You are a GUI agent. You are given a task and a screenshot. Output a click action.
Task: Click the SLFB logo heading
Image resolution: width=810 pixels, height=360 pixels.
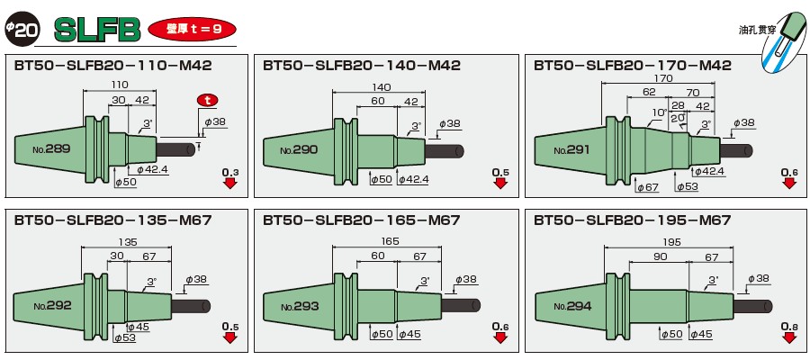point(98,30)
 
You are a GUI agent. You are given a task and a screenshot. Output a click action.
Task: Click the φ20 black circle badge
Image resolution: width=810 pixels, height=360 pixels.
point(21,29)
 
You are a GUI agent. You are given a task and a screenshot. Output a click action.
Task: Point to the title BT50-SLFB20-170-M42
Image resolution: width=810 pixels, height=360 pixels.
point(632,66)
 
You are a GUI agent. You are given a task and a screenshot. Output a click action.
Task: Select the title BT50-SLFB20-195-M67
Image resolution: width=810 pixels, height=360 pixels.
point(632,220)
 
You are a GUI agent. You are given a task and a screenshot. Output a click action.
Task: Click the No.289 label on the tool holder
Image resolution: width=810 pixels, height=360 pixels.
point(50,148)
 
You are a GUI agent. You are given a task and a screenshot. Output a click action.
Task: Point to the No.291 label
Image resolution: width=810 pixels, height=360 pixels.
point(571,149)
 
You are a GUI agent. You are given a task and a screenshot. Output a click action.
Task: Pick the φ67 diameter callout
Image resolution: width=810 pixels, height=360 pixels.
point(647,187)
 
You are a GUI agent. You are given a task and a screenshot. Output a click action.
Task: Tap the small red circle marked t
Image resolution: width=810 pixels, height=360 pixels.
point(208,99)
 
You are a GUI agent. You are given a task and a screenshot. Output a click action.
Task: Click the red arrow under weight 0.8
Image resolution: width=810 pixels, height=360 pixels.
point(788,338)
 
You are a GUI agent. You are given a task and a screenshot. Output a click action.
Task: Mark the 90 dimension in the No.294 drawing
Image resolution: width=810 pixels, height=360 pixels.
point(660,256)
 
